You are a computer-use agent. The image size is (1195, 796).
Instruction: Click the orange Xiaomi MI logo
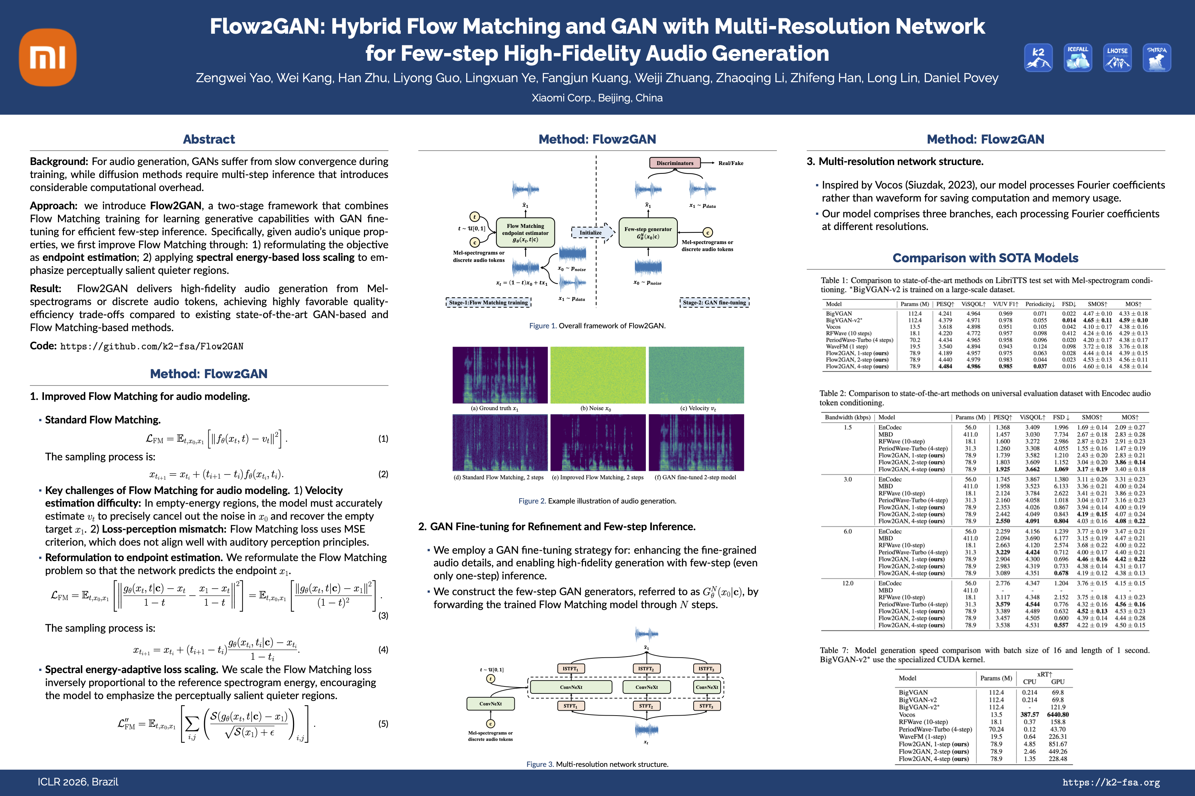[48, 57]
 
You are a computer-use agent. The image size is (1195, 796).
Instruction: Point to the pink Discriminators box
[674, 163]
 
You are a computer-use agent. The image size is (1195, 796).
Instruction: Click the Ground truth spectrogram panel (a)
[500, 375]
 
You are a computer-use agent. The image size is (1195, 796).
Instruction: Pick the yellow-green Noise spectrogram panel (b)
[598, 375]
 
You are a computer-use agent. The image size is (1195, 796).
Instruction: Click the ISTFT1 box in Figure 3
[570, 669]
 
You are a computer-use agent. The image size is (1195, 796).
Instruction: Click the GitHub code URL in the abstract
[151, 346]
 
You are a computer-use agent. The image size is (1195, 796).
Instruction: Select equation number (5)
[383, 723]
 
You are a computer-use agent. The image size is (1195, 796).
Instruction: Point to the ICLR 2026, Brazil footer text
[78, 782]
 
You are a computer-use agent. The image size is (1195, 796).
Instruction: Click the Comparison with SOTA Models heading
[985, 258]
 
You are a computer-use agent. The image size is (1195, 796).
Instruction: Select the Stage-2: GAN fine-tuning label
[714, 303]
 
